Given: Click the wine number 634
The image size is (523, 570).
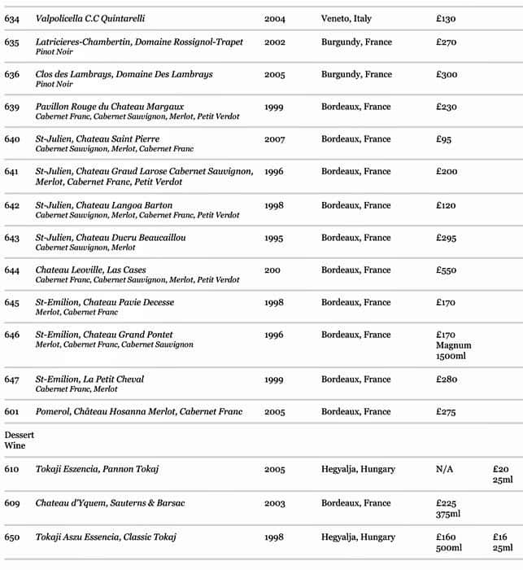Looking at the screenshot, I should (11, 18).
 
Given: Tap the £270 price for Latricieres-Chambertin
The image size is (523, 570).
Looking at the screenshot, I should (447, 42).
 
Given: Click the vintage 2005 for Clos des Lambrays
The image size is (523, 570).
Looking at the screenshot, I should (274, 74).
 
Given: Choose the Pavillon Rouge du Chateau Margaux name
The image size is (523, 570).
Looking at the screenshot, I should (110, 107).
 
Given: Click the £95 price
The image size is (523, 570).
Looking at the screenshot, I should (443, 139).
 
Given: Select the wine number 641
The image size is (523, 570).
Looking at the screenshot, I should (11, 172).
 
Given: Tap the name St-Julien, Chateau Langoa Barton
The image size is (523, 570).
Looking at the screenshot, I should (104, 205).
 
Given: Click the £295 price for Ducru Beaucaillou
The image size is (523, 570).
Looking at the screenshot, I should (447, 238).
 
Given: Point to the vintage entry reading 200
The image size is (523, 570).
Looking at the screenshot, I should (272, 270).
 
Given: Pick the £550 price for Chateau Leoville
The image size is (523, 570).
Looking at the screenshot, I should (447, 270).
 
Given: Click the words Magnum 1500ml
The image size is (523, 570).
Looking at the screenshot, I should (453, 351).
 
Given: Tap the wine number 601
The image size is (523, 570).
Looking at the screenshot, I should (11, 412).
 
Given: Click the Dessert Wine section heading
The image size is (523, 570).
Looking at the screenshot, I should (15, 440).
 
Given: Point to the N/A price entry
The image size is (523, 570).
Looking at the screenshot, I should (445, 470).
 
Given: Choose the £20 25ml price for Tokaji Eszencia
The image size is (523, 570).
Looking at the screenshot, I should (503, 475).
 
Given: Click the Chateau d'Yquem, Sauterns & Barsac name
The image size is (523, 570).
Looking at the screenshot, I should (110, 503).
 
